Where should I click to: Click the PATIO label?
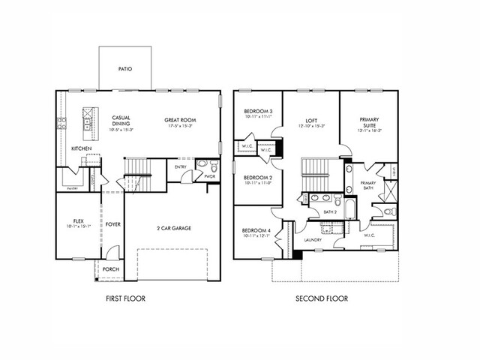(125, 69)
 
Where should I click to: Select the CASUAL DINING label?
(121, 120)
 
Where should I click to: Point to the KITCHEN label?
(82, 148)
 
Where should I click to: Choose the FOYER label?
(112, 223)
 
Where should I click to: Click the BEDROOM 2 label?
(257, 178)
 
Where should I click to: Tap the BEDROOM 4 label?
(257, 232)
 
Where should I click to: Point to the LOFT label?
(310, 120)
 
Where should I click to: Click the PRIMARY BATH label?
(367, 185)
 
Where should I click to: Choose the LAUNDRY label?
(313, 240)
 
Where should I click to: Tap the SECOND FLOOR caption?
(321, 298)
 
